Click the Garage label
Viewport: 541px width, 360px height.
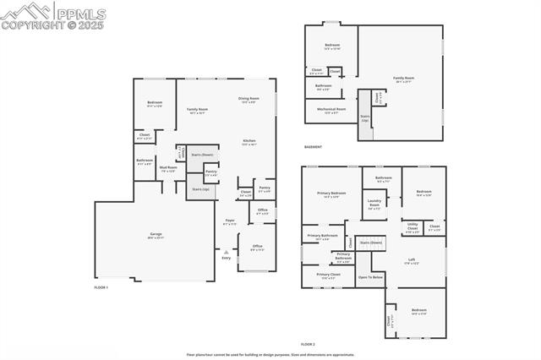tap(156, 234)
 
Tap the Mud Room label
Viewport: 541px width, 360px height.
tap(168, 168)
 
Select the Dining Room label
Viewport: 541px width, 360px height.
tap(249, 100)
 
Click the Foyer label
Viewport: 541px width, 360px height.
tap(229, 221)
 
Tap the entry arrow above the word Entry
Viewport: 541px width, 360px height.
tap(225, 250)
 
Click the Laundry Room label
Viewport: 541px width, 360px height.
tap(374, 203)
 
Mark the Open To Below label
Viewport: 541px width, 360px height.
tap(370, 277)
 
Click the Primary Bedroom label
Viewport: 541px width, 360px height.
tap(332, 194)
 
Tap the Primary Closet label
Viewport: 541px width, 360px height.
tap(329, 275)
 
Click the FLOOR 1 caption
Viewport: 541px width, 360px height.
tap(101, 288)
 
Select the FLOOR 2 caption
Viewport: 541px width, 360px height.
tap(308, 345)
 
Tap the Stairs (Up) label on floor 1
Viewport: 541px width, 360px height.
tap(200, 189)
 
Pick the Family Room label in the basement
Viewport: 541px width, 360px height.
tap(404, 79)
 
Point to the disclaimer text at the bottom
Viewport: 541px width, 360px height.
tap(270, 355)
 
